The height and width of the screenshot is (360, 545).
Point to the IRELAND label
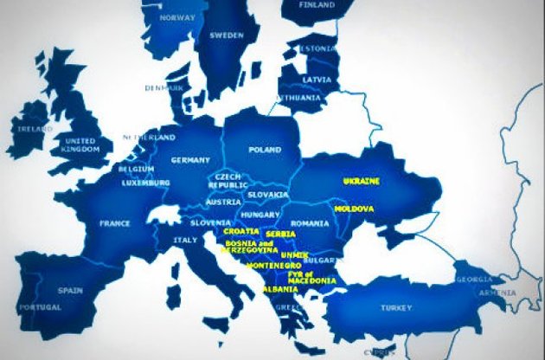coord(29,130)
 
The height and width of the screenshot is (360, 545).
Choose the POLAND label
coord(265,149)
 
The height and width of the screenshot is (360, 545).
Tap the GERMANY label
coord(191,160)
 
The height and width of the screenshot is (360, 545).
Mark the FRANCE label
coord(114,222)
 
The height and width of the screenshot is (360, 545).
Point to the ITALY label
coord(186,240)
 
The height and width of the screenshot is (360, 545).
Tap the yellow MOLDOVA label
coord(353,209)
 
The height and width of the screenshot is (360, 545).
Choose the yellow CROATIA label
coord(240,232)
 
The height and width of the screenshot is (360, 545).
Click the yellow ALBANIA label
coord(280,289)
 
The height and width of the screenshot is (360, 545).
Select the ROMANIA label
coord(311,223)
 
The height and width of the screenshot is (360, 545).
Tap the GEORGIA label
coord(473,279)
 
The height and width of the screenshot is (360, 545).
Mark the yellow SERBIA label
coord(280,235)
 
